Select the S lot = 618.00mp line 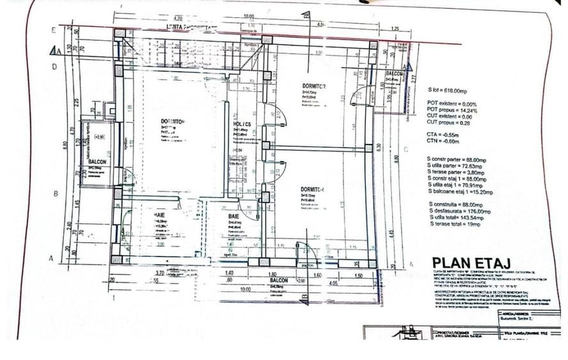click(x=451, y=90)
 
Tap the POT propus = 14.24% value click(x=452, y=110)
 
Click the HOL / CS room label click(x=242, y=124)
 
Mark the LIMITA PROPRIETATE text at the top click(x=191, y=28)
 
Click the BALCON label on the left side click(x=98, y=162)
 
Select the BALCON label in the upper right click(x=394, y=74)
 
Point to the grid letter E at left click(x=54, y=30)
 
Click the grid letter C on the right click(x=406, y=151)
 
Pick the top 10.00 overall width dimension click(x=248, y=17)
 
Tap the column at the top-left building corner click(x=119, y=36)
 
